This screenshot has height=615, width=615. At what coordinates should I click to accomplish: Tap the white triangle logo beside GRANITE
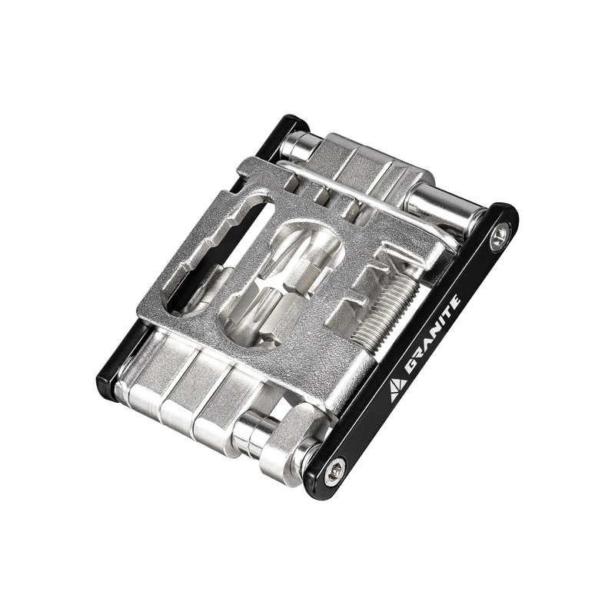397,390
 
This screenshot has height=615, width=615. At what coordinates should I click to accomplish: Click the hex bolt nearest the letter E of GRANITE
500,235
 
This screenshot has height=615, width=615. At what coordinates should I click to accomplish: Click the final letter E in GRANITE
455,301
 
